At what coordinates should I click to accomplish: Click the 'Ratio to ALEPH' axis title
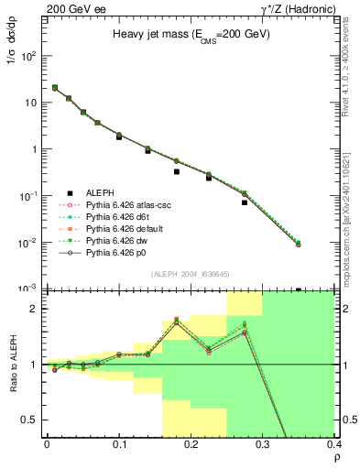click(12, 365)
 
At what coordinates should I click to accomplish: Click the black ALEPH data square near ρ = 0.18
click(177, 171)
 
